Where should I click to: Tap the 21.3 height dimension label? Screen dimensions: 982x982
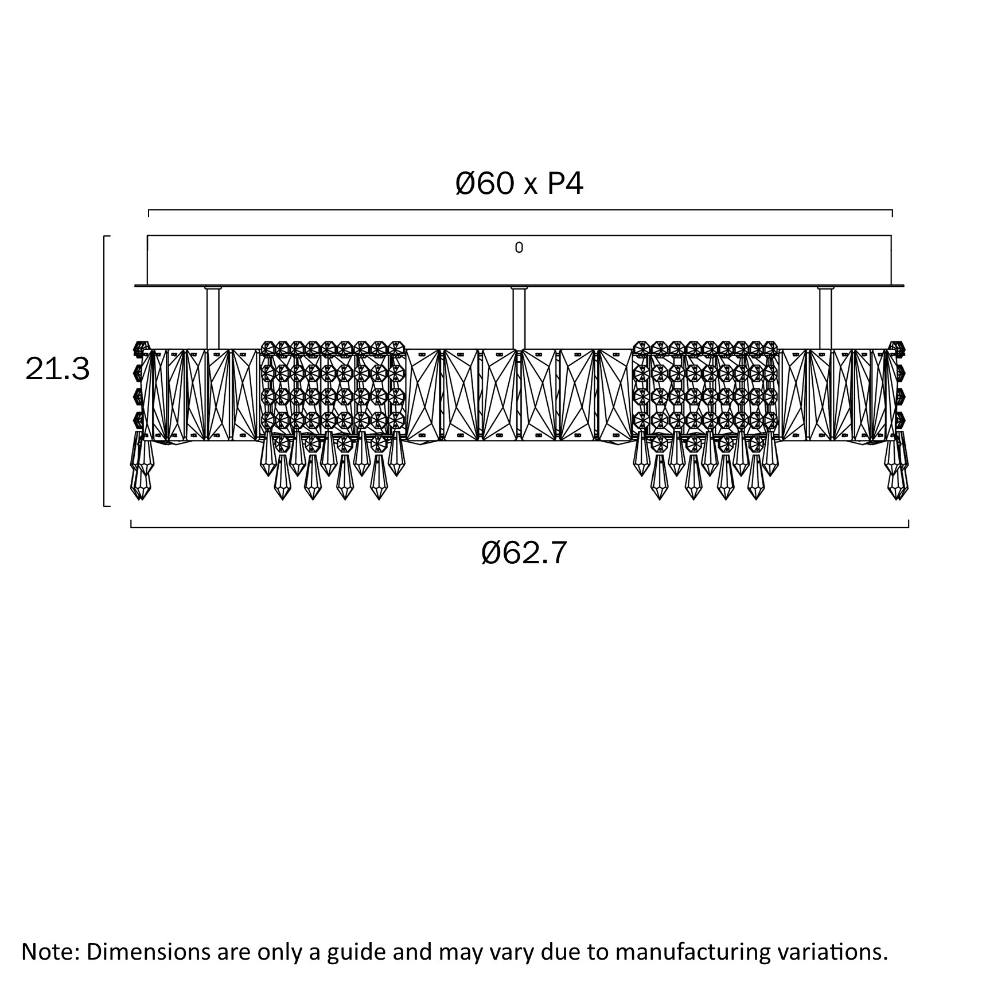pos(57,369)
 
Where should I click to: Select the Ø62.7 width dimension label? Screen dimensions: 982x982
pos(524,553)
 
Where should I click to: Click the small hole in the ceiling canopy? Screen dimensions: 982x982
pos(519,248)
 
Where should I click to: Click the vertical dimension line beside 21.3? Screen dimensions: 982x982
pos(104,371)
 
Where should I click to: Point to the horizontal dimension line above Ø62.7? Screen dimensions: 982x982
pos(519,527)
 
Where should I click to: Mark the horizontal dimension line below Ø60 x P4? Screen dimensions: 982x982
pos(519,211)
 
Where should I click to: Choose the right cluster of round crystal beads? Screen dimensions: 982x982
pos(706,390)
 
